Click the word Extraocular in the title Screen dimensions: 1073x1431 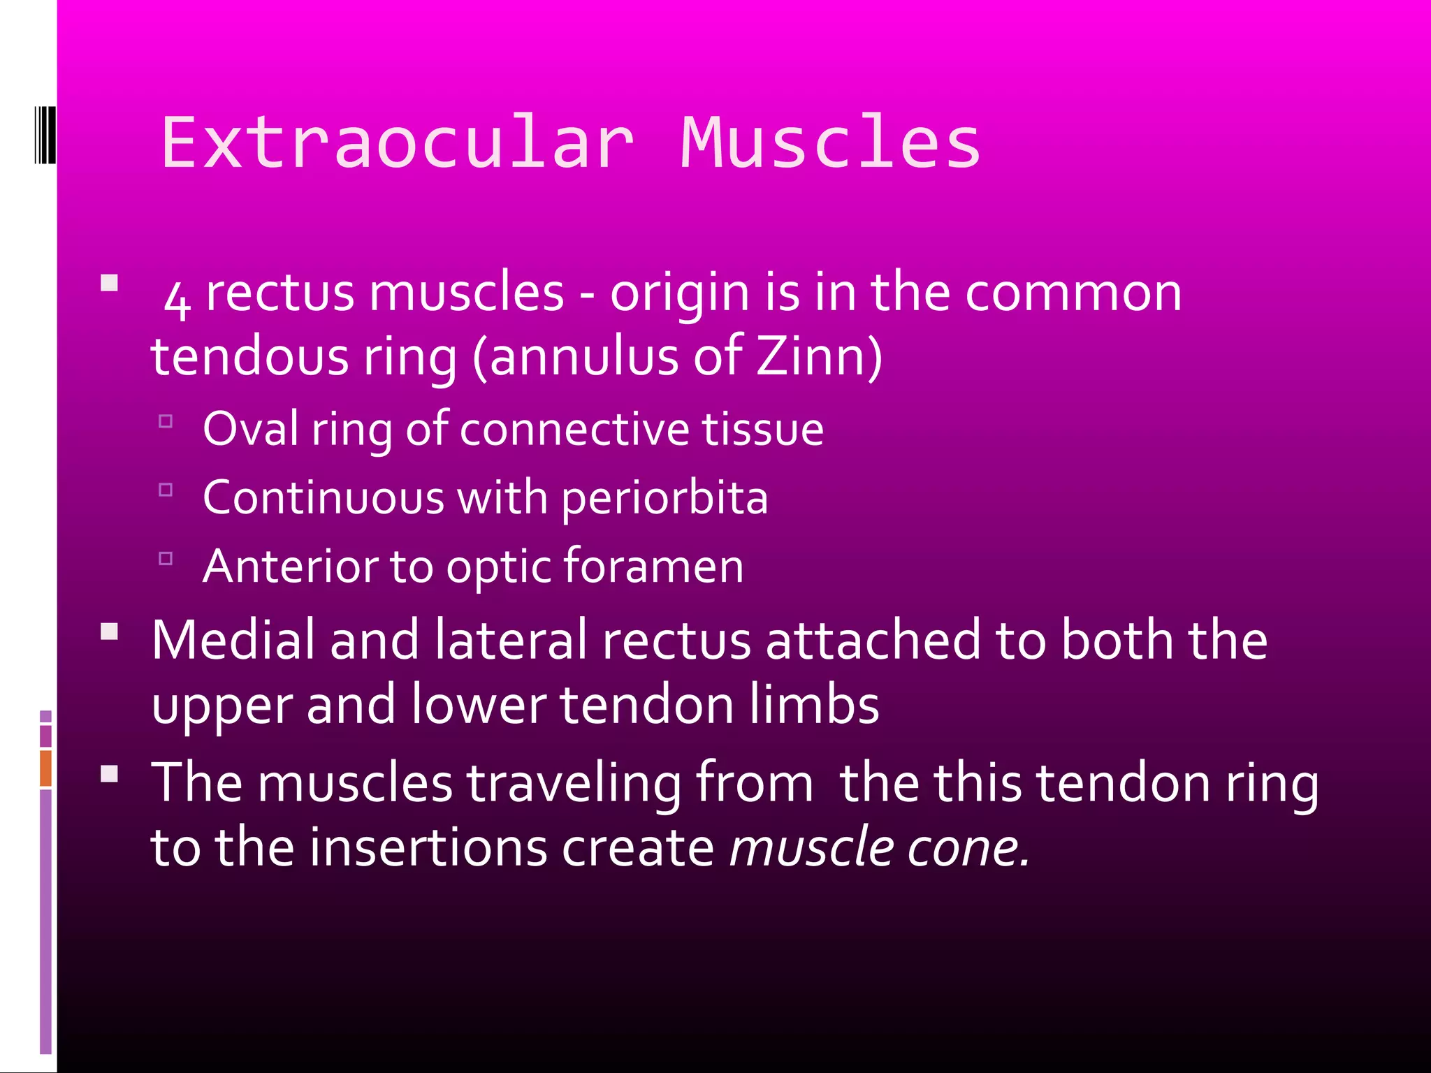coord(398,143)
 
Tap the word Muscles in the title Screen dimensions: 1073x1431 coord(831,143)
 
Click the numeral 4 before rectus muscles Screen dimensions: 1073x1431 coord(177,299)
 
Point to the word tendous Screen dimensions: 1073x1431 coord(249,356)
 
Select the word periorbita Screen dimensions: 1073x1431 coord(664,499)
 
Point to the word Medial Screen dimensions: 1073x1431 coord(233,640)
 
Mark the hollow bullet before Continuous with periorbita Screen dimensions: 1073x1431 coord(166,490)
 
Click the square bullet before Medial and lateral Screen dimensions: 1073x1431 coord(110,632)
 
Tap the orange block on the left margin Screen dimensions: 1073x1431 coord(45,768)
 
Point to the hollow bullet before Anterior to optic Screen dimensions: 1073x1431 coord(166,558)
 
